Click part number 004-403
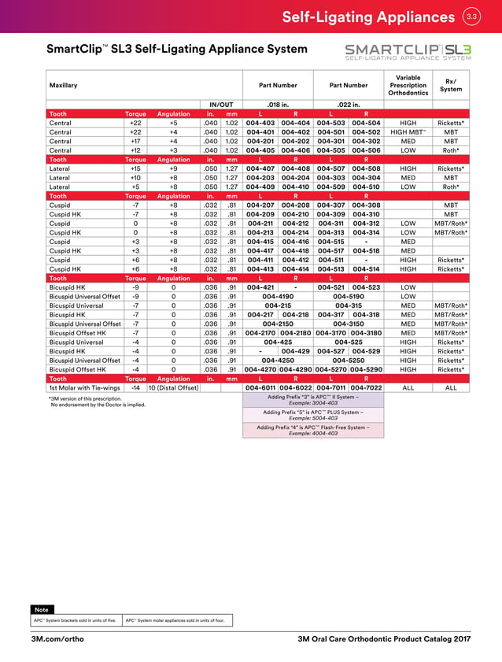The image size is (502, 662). coord(260,123)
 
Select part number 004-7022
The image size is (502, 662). coord(366,387)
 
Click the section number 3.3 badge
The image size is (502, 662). coord(471,17)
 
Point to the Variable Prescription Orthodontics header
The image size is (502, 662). coord(408,85)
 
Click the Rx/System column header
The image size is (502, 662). coord(451,85)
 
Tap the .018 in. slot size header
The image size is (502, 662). coord(278,104)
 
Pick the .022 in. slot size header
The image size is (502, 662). coord(348,104)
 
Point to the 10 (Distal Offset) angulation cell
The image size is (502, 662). coord(173,387)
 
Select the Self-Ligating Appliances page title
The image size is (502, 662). coord(367,17)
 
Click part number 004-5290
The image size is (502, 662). coord(366,368)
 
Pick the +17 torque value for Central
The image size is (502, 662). coord(135,141)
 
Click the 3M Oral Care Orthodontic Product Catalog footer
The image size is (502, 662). coord(385,638)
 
